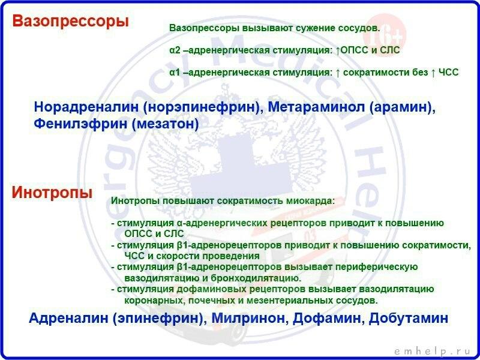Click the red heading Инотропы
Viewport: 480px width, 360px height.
pyautogui.click(x=52, y=193)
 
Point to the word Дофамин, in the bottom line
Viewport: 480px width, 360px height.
pyautogui.click(x=325, y=319)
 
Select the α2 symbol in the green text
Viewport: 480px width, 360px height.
pyautogui.click(x=175, y=50)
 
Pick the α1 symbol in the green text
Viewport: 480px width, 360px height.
pyautogui.click(x=175, y=72)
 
